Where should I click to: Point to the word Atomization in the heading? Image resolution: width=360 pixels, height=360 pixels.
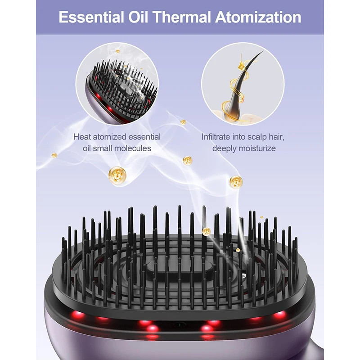coord(258,18)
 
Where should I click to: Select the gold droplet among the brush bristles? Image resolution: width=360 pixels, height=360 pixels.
coord(207,231)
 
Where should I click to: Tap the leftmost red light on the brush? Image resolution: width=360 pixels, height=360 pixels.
coord(78,314)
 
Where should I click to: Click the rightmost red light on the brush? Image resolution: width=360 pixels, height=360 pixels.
coord(279,315)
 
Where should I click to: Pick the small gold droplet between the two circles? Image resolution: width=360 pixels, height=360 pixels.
coord(183,122)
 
